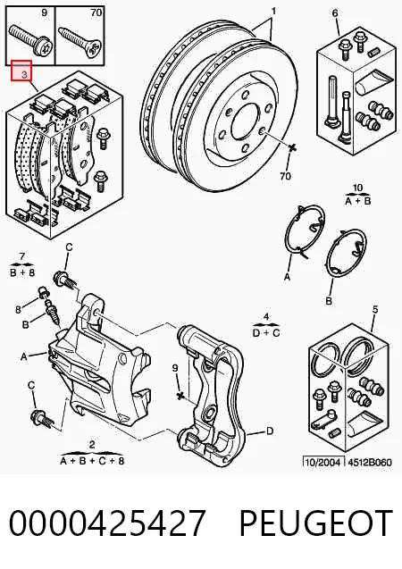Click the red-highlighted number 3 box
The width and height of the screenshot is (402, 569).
click(21, 71)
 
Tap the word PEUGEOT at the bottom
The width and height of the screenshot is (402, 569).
click(316, 523)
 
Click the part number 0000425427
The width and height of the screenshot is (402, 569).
click(107, 523)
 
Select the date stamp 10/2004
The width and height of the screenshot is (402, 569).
click(323, 463)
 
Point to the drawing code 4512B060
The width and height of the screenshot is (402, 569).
click(370, 463)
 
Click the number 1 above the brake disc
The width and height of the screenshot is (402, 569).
click(273, 12)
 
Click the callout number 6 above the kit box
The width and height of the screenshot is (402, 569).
click(335, 13)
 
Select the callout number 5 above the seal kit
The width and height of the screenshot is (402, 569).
click(375, 309)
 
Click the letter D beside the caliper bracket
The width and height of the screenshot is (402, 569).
click(270, 431)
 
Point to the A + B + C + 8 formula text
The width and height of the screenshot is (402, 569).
click(92, 461)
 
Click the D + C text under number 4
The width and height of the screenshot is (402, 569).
click(266, 332)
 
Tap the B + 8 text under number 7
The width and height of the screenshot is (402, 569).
click(22, 272)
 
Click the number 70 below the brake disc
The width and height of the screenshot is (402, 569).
click(286, 176)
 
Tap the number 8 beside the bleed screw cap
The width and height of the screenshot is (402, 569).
click(18, 310)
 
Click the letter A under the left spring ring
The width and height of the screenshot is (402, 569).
click(288, 277)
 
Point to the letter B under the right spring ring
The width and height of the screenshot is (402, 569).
click(329, 301)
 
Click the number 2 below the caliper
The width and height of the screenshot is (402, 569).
click(92, 445)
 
